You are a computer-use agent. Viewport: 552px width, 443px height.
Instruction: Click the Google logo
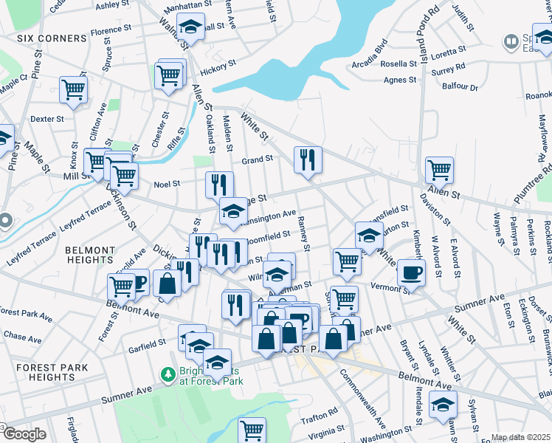pyautogui.click(x=24, y=434)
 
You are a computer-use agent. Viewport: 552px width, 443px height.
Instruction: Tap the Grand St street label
pyautogui.click(x=258, y=159)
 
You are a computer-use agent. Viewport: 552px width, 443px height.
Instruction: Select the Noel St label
pyautogui.click(x=167, y=185)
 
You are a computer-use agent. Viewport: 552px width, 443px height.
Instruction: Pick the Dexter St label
pyautogui.click(x=47, y=118)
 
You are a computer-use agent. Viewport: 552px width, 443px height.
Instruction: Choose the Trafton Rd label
pyautogui.click(x=320, y=411)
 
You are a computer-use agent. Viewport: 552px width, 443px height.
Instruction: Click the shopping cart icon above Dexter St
pyautogui.click(x=73, y=89)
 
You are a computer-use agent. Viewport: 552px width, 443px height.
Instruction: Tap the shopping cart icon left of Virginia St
pyautogui.click(x=252, y=429)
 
